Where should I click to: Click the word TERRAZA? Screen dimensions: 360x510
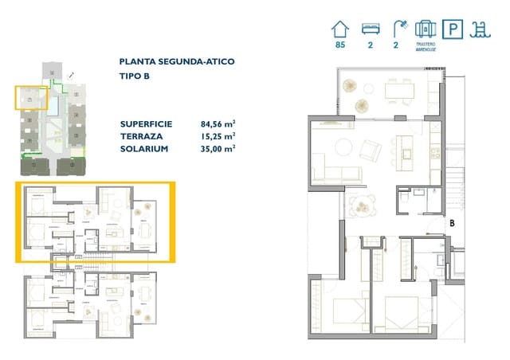tap(141, 136)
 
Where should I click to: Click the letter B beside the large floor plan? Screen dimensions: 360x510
tap(451, 224)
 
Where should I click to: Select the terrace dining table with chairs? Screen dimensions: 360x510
tap(398, 91)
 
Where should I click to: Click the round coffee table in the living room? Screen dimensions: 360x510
tap(343, 147)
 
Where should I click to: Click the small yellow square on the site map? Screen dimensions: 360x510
tap(32, 99)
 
